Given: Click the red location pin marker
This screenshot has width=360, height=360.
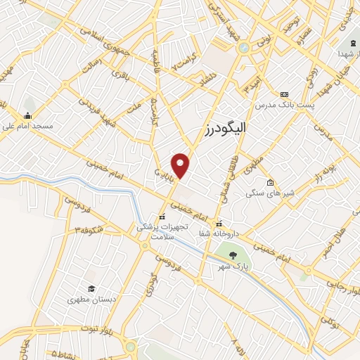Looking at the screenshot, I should pyautogui.click(x=181, y=165).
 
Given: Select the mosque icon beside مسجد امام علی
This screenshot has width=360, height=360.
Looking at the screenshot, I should pyautogui.click(x=27, y=116).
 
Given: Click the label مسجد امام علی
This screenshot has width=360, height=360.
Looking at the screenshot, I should pyautogui.click(x=27, y=127).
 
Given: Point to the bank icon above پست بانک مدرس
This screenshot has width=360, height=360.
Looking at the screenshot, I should pyautogui.click(x=284, y=94).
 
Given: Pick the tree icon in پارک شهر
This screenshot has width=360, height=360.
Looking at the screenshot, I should pyautogui.click(x=233, y=256).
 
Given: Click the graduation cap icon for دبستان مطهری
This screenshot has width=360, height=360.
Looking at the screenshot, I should pyautogui.click(x=91, y=288).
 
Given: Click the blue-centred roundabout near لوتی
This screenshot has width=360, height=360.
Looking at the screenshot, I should pyautogui.click(x=243, y=48).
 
